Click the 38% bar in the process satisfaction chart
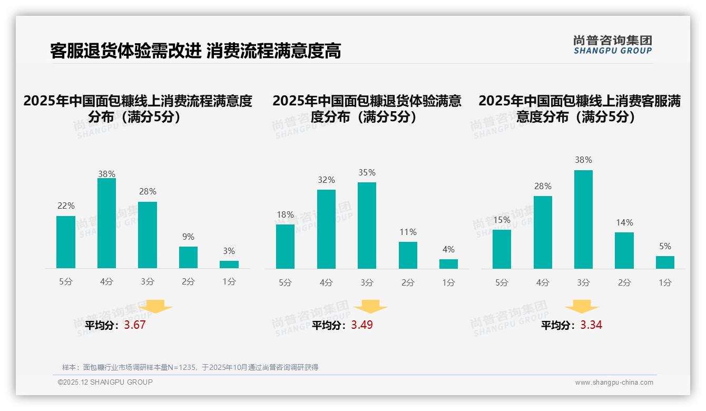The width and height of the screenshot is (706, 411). pos(106,223)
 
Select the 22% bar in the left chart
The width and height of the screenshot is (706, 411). pos(66,242)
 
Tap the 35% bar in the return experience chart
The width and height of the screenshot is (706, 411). pos(367,226)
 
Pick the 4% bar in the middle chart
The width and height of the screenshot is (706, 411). pos(448,263)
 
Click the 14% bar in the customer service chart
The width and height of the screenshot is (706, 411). pos(624,250)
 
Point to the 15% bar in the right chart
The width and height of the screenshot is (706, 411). pos(502,249)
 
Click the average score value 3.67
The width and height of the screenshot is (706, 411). pos(135,325)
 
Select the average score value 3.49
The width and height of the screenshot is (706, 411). pos(362,325)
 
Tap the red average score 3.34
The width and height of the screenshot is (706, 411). pos(591,325)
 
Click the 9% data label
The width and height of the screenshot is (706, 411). pos(188,237)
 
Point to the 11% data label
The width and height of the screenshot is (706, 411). pos(408,232)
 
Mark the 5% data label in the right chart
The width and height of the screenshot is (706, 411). pos(665,246)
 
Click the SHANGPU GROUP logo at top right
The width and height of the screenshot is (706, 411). pos(612,45)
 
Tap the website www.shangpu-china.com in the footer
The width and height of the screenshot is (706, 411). pos(614,383)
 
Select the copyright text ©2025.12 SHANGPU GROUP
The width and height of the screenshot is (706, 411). pos(105,382)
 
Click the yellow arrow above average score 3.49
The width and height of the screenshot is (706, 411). pos(371,307)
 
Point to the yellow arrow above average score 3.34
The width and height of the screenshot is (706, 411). pos(582,307)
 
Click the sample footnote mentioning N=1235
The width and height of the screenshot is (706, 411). pos(190,367)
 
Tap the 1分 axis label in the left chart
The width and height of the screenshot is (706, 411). pos(229,282)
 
